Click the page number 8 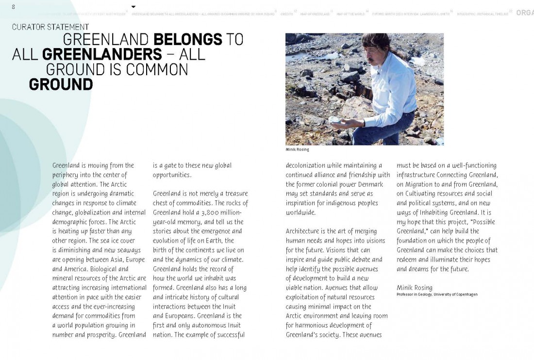tap(14, 6)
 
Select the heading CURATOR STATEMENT tap(50, 27)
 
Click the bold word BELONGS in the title tap(188, 40)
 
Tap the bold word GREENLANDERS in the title tap(102, 54)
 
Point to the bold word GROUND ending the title tap(61, 84)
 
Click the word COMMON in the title tap(157, 69)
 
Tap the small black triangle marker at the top tap(133, 7)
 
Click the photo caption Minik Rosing tap(297, 149)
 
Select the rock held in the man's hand tap(334, 119)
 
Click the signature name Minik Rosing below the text tap(414, 288)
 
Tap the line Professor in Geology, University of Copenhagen tap(437, 295)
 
